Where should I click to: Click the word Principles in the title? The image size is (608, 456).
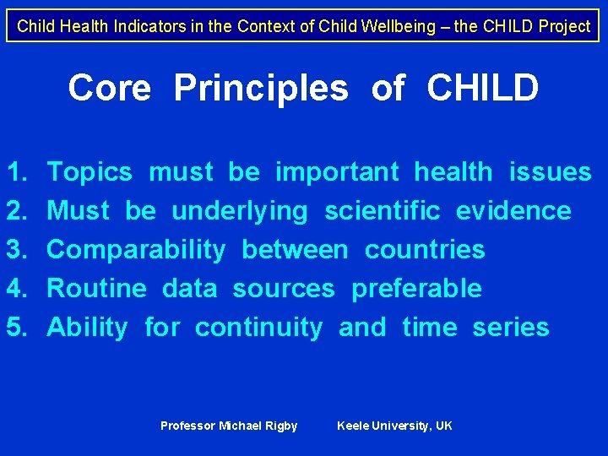point(260,88)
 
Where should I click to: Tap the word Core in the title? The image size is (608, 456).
point(110,88)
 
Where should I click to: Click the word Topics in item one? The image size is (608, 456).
point(90,172)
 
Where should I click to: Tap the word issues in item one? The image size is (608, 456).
point(550,172)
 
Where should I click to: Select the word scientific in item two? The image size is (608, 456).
point(383,211)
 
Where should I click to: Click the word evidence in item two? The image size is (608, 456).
point(513,211)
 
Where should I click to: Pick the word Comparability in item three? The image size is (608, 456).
point(136,250)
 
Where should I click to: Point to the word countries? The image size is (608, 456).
point(425,250)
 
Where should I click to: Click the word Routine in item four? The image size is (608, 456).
point(96,289)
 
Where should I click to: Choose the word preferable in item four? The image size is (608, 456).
point(416,289)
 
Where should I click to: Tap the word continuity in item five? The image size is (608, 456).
point(258,328)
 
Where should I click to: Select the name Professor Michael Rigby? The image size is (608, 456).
point(229,426)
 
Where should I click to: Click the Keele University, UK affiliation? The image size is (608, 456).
point(394,426)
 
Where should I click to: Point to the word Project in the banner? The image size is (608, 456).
point(564,26)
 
